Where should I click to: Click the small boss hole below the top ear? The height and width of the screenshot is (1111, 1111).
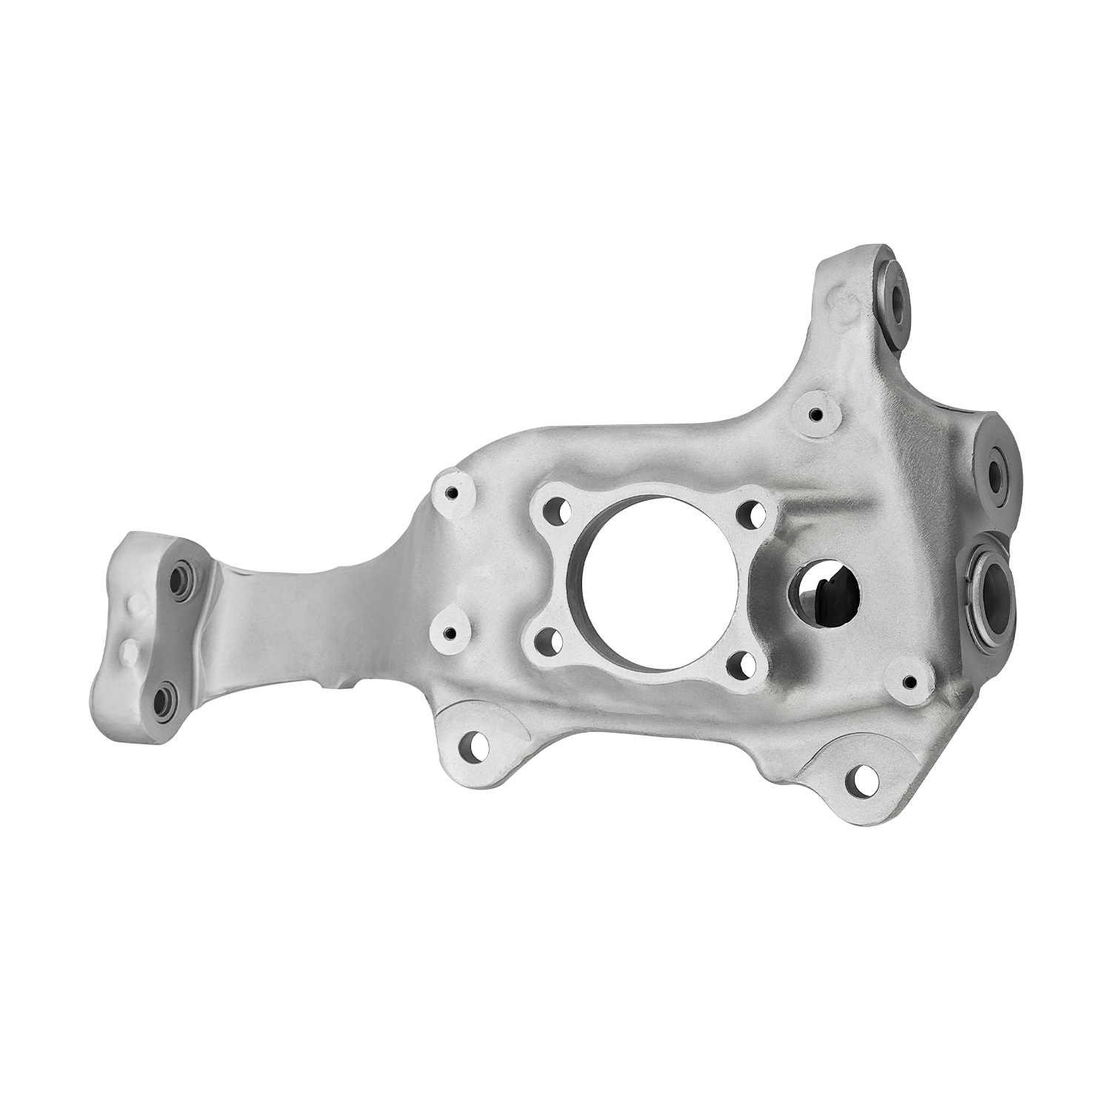pyautogui.click(x=815, y=416)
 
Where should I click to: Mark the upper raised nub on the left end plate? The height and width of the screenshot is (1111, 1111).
pyautogui.click(x=136, y=605)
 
